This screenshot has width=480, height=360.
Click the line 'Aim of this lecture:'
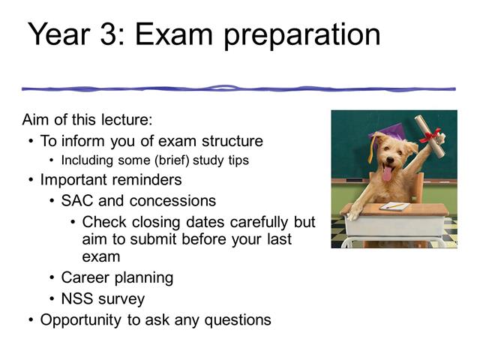click(x=88, y=121)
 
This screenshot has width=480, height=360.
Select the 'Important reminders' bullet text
click(x=110, y=180)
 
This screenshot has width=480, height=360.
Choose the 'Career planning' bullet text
click(x=117, y=277)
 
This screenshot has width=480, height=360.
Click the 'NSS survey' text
click(x=103, y=298)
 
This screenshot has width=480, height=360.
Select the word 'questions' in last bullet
click(x=238, y=320)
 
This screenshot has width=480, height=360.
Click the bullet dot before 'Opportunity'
click(x=30, y=320)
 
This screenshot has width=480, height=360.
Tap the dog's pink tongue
click(x=387, y=175)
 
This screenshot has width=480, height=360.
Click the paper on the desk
click(x=394, y=206)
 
